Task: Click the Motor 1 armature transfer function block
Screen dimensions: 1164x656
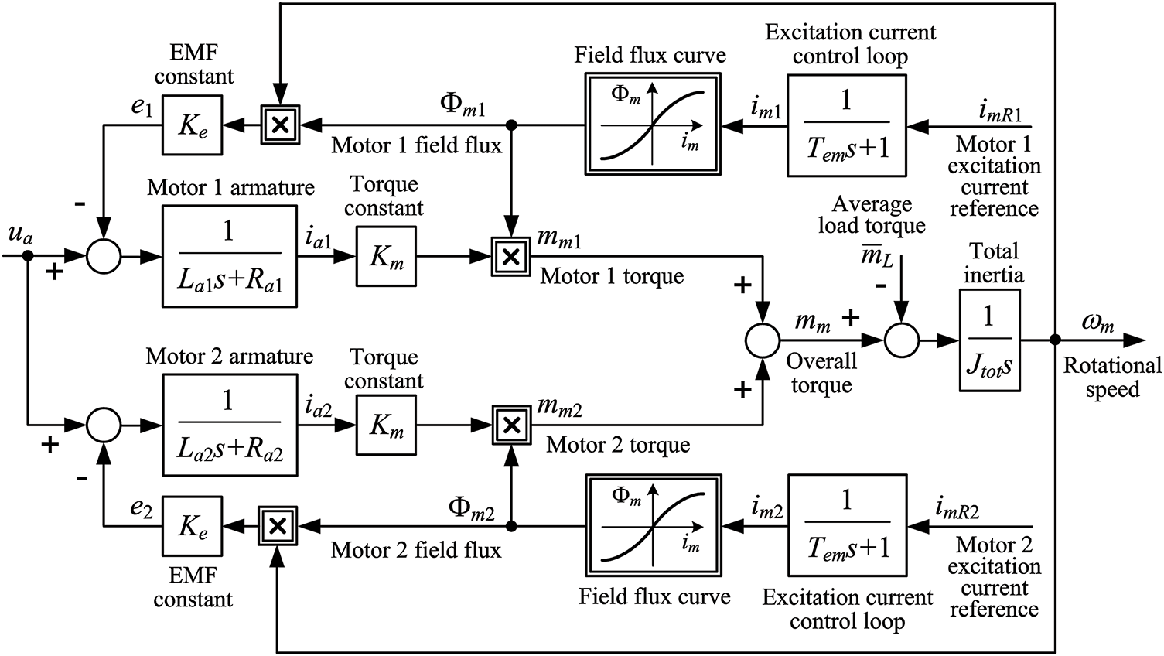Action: [230, 256]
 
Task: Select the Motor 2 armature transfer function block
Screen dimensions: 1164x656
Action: [230, 425]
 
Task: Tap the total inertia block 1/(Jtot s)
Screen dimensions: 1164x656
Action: [989, 340]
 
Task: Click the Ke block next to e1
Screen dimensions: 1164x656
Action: [193, 125]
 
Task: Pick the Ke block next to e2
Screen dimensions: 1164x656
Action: [193, 526]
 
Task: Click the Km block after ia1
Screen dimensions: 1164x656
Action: [386, 256]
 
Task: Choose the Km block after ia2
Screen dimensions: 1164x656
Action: [386, 425]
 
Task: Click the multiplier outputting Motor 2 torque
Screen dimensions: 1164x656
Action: [512, 425]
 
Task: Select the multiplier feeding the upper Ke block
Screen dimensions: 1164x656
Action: [279, 125]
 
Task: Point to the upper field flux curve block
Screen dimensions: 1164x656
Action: [653, 124]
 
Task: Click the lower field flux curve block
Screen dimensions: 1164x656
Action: [654, 525]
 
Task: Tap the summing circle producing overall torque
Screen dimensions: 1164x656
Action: [763, 340]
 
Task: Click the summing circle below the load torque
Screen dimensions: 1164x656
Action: [902, 340]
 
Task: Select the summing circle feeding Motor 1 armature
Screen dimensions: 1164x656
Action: [104, 256]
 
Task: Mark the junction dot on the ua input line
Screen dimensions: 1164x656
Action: [28, 256]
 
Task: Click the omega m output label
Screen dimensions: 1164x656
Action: [1098, 323]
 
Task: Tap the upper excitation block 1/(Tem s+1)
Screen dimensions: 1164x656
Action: [847, 126]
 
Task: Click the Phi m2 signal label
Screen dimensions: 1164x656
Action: [472, 510]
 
